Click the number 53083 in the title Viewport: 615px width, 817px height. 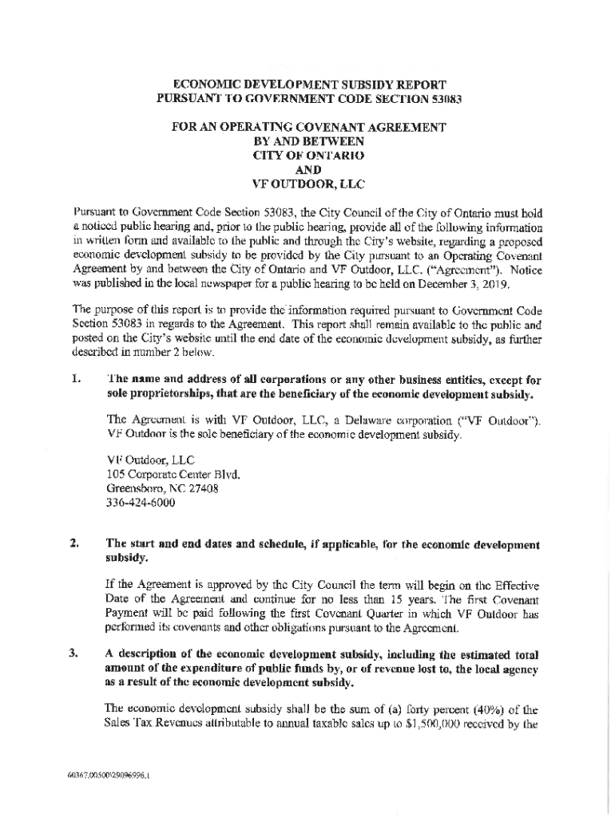click(x=439, y=99)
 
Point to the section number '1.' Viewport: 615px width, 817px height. click(x=74, y=380)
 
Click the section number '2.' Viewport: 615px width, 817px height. click(x=74, y=545)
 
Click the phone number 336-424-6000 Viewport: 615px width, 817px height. click(x=141, y=503)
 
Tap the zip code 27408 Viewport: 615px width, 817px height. click(x=204, y=488)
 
